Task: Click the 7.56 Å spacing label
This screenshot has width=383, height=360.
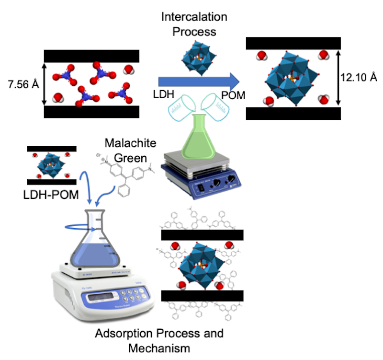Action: pos(23,84)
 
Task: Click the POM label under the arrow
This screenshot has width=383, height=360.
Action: pos(233,95)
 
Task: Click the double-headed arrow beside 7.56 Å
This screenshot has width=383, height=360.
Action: pos(45,84)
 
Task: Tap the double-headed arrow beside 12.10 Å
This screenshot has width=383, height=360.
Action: pos(338,78)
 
